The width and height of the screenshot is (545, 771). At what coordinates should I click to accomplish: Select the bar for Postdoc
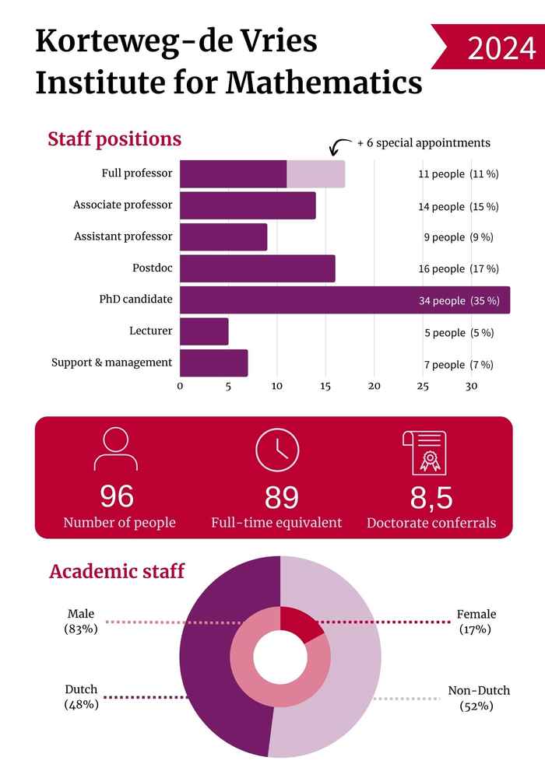(257, 268)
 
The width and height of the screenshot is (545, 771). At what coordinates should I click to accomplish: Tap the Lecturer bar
(204, 332)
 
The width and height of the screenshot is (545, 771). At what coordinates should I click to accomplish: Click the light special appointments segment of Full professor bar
(315, 173)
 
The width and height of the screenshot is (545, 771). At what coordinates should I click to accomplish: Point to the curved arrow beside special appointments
(339, 146)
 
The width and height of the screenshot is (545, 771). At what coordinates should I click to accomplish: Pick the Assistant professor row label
(123, 237)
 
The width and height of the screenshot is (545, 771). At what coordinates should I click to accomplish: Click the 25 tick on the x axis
(423, 386)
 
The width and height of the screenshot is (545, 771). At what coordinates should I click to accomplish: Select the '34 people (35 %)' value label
(459, 300)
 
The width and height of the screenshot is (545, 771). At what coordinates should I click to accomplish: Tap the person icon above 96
(115, 450)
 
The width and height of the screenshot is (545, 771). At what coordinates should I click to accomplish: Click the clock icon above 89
(277, 450)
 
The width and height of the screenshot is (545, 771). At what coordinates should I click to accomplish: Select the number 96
(117, 496)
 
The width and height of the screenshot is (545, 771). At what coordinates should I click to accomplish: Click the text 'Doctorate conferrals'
(431, 523)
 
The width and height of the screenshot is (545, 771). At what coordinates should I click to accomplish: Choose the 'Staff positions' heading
(114, 139)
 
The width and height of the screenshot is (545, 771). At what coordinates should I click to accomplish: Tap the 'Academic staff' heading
(117, 571)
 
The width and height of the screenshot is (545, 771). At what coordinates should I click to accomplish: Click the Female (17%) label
(476, 621)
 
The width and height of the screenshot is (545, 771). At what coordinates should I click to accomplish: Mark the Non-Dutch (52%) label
(478, 698)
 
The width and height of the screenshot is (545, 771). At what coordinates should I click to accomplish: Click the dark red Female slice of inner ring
(299, 623)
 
